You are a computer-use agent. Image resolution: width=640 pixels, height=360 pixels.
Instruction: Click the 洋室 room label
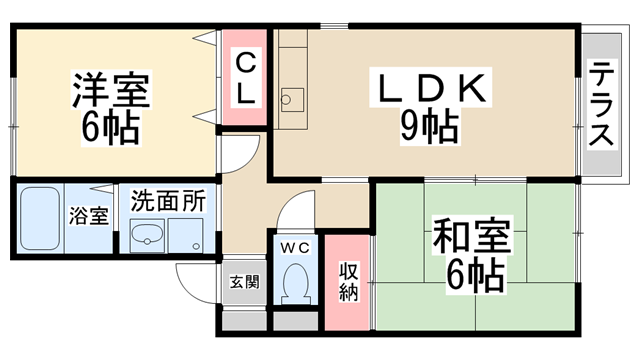tap(111, 90)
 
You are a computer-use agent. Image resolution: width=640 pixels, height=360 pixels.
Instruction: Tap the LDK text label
tap(431, 88)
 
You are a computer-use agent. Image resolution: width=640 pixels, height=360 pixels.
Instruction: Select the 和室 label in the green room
tap(471, 236)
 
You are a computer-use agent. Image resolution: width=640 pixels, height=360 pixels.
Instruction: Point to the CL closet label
tap(246, 80)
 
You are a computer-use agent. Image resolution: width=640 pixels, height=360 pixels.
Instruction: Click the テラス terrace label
tap(601, 104)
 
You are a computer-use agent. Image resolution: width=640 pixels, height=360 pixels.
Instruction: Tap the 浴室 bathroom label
tap(89, 216)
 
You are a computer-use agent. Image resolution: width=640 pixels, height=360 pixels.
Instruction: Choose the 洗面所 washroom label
tap(168, 200)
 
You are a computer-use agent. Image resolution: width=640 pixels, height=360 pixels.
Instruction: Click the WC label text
tap(296, 247)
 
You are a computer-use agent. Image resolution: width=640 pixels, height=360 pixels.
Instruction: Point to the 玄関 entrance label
tap(244, 282)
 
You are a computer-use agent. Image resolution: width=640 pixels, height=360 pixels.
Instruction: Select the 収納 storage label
tap(348, 282)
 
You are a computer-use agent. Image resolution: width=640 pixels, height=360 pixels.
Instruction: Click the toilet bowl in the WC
tap(296, 283)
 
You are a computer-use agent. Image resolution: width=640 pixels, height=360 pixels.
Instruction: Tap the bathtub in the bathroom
tap(40, 218)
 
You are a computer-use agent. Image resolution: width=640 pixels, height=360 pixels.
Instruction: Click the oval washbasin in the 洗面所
tap(147, 235)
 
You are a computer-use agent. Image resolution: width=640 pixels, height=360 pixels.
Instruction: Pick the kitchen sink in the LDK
tap(292, 100)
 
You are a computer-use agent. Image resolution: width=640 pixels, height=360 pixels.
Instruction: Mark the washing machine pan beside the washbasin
tap(186, 236)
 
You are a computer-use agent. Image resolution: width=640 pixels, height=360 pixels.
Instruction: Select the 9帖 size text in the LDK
tap(429, 127)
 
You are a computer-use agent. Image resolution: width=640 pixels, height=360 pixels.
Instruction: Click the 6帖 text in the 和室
tap(475, 275)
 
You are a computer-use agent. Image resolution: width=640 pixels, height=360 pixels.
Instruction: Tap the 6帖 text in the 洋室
tap(111, 127)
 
